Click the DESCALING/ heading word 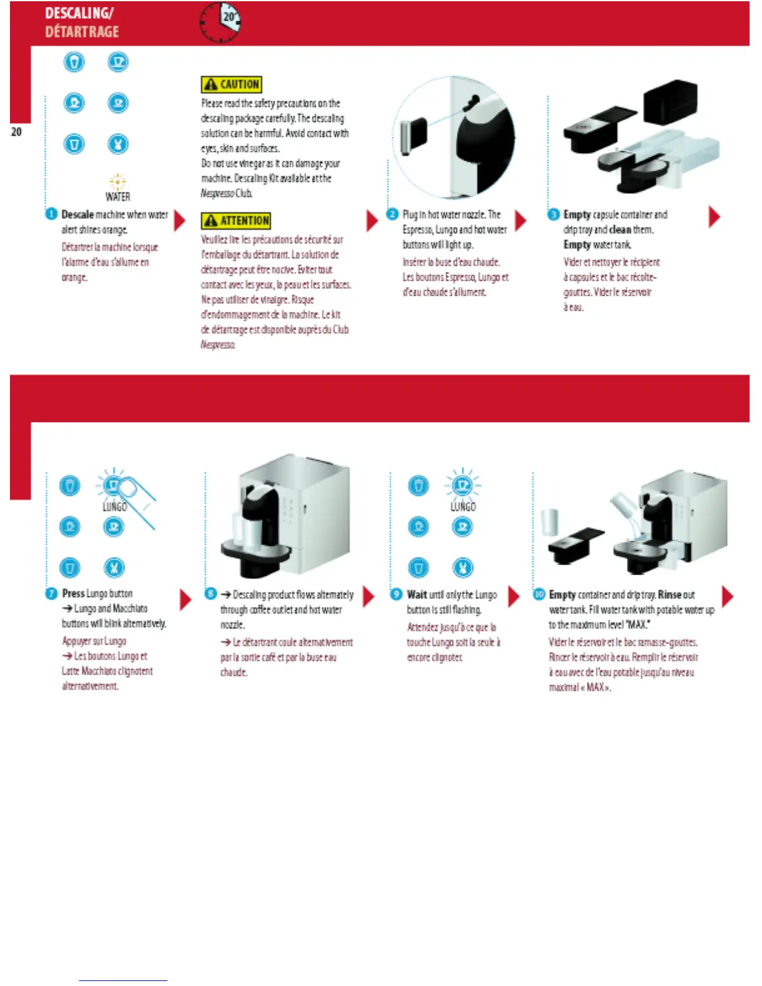click(79, 13)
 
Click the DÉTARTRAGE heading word click(82, 32)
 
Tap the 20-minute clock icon click(220, 22)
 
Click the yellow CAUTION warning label click(231, 84)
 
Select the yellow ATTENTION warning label click(235, 220)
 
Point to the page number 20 click(16, 132)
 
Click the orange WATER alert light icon click(118, 182)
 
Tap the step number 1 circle click(51, 214)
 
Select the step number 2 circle click(392, 214)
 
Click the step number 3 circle click(553, 214)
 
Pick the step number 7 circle click(51, 593)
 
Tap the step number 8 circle click(210, 594)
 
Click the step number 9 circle click(396, 594)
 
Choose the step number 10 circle click(539, 594)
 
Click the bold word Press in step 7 click(73, 594)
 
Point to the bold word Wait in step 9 click(416, 594)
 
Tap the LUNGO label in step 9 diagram click(463, 507)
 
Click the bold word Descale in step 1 click(77, 215)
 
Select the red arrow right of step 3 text click(714, 217)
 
